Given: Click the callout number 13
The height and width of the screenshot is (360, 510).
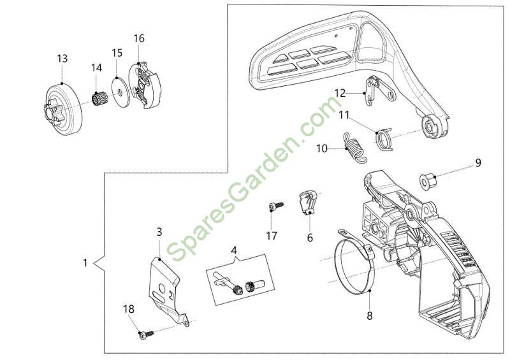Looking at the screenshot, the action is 62,59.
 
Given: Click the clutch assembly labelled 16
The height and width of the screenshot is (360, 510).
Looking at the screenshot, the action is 145,86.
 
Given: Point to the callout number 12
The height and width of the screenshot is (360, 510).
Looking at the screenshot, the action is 340,93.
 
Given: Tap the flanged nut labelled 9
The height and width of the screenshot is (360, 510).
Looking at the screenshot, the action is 427,181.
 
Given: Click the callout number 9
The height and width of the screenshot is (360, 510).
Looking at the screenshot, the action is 477,162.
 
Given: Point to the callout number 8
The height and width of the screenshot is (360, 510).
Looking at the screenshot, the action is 370,315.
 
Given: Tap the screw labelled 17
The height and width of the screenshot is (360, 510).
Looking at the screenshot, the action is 276,206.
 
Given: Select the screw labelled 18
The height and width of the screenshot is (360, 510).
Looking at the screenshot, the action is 146,335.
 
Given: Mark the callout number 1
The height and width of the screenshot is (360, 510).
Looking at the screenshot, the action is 85,263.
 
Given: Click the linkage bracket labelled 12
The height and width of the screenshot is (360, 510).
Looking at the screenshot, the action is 380,91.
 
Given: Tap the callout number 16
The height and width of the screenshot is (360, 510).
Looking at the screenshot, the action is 139,38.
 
